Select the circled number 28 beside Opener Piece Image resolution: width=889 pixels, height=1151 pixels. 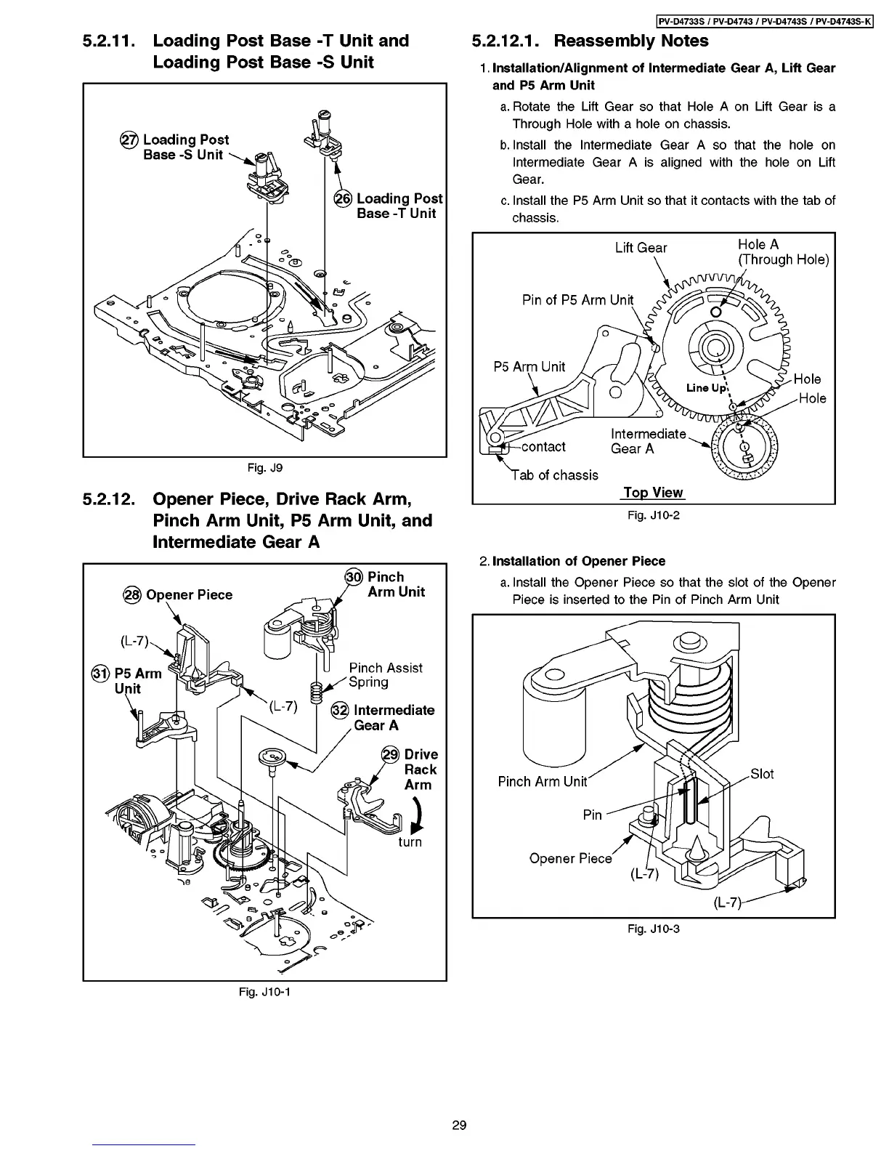[x=133, y=595]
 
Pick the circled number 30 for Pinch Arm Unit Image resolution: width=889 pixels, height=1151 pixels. [x=354, y=577]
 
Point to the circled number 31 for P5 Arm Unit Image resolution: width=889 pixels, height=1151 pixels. [x=101, y=674]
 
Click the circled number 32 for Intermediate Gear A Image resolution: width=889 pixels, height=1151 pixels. [x=340, y=711]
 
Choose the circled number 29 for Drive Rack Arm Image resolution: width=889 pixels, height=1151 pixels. [x=391, y=754]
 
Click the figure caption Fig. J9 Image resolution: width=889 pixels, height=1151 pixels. [x=264, y=467]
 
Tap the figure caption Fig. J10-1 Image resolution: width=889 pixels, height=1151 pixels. [x=264, y=991]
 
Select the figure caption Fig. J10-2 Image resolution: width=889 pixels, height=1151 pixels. [x=653, y=515]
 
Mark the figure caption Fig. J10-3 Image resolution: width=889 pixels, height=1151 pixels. [x=653, y=929]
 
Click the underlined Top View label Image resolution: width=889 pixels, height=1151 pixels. [x=653, y=493]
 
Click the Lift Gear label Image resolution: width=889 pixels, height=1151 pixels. [x=641, y=248]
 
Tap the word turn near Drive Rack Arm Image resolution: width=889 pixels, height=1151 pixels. [x=410, y=841]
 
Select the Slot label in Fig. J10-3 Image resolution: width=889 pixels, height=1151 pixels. [x=762, y=774]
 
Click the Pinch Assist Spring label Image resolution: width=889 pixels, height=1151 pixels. [x=385, y=675]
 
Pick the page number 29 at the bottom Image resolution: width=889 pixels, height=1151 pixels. [x=459, y=1126]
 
